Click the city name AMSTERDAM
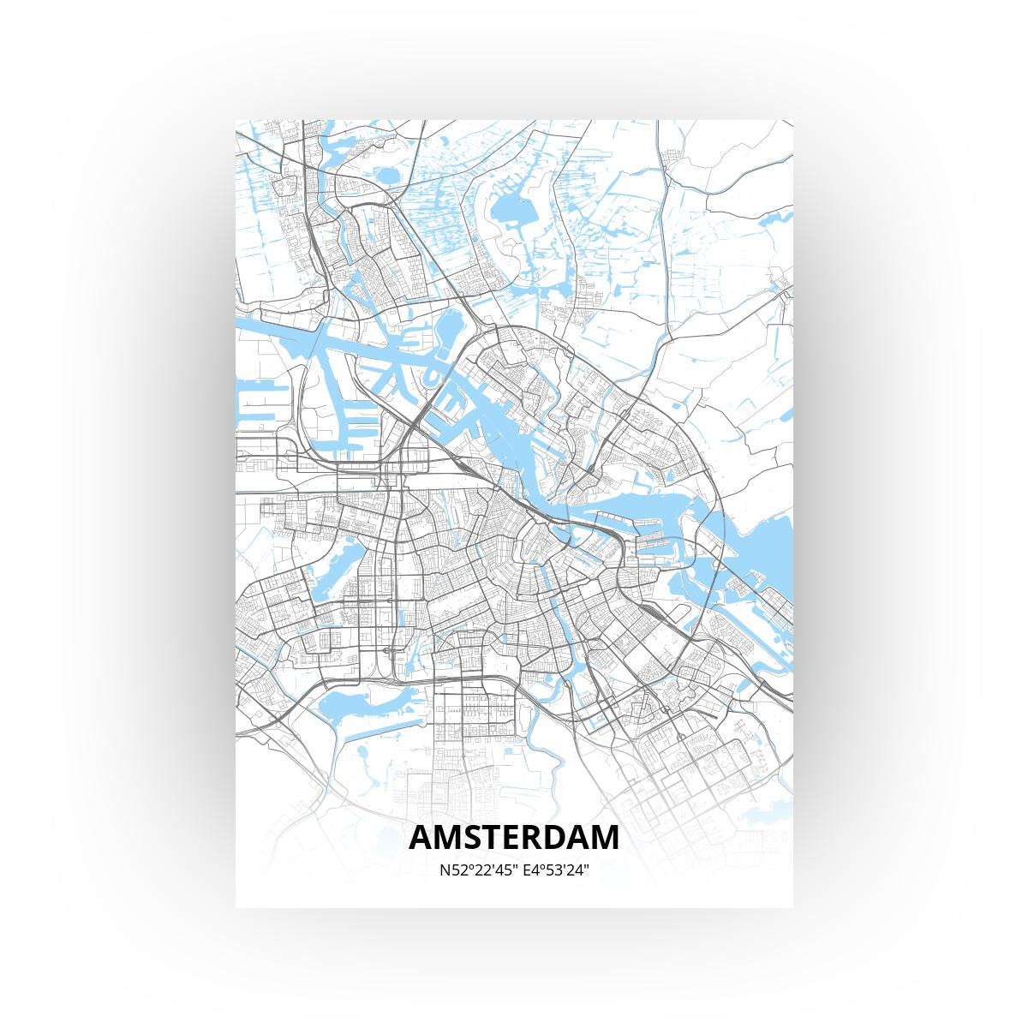(x=514, y=837)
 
